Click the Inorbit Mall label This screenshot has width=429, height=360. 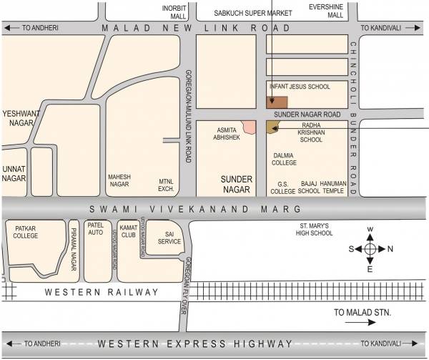click(174, 12)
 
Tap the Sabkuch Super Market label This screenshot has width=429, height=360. click(245, 12)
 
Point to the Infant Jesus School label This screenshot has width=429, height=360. click(300, 87)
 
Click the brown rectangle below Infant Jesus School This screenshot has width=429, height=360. click(277, 102)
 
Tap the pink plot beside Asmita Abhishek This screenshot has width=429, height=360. click(249, 127)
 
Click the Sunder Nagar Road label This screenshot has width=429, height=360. click(307, 114)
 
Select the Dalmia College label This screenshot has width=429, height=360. click(285, 158)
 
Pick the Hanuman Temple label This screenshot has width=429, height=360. click(333, 188)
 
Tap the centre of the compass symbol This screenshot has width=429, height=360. click(370, 249)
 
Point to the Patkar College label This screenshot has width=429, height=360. click(26, 232)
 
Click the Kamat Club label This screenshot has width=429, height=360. click(128, 230)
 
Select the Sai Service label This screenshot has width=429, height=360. click(169, 237)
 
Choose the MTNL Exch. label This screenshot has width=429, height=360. click(167, 186)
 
